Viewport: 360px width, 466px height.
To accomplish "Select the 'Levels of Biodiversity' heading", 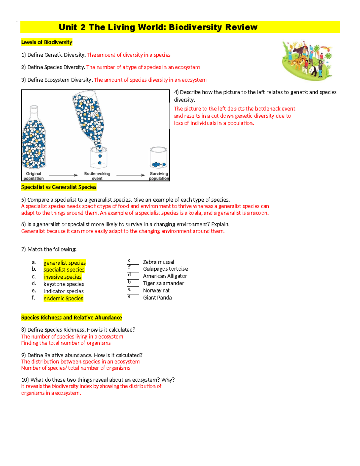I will pyautogui.click(x=46, y=42).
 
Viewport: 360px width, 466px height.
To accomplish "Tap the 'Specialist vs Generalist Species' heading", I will pyautogui.click(x=58, y=187).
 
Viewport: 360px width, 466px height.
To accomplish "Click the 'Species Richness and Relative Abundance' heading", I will pyautogui.click(x=71, y=317).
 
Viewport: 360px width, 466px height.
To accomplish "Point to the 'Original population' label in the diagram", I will pyautogui.click(x=34, y=176).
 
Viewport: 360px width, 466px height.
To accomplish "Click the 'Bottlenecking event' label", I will pyautogui.click(x=97, y=176).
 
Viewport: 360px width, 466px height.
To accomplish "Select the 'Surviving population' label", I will pyautogui.click(x=159, y=176).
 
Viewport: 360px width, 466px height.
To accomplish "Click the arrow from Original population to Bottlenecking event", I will pyautogui.click(x=63, y=175).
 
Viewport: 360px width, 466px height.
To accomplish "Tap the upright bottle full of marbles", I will pyautogui.click(x=34, y=138).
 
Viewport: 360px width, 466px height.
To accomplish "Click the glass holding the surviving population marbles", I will pyautogui.click(x=158, y=158).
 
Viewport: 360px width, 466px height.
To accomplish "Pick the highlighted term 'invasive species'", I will pyautogui.click(x=62, y=277).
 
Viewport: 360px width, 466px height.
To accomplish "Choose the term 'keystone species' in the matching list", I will pyautogui.click(x=64, y=284).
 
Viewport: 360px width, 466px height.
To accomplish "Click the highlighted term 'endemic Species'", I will pyautogui.click(x=63, y=299).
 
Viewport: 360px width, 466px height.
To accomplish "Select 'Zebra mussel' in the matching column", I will pyautogui.click(x=158, y=262).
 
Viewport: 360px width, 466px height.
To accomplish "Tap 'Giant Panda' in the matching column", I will pyautogui.click(x=157, y=298).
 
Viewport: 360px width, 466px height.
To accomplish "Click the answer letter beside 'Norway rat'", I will pyautogui.click(x=129, y=289).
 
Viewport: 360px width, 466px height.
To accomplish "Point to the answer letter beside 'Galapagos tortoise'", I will pyautogui.click(x=129, y=267).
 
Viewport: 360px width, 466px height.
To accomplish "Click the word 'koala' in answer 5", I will pyautogui.click(x=195, y=213).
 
